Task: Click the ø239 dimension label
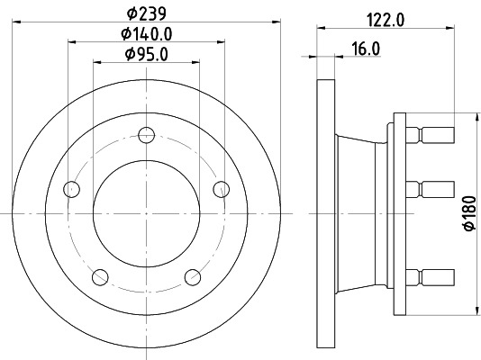[x=147, y=13]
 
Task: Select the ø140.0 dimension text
[x=147, y=35]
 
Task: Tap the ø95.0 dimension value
[x=147, y=56]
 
